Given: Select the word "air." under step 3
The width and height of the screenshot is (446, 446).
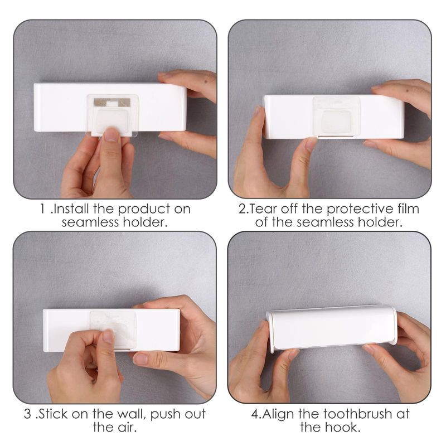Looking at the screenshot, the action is (125, 428).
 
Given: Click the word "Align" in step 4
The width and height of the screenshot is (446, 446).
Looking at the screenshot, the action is (278, 414).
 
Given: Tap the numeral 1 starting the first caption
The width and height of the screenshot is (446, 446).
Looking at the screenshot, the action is (43, 209).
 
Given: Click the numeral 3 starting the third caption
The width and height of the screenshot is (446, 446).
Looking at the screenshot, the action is (27, 414).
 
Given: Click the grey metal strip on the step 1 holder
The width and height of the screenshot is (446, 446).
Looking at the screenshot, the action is (112, 103).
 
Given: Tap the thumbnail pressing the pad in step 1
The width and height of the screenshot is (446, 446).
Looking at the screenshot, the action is (111, 135).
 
